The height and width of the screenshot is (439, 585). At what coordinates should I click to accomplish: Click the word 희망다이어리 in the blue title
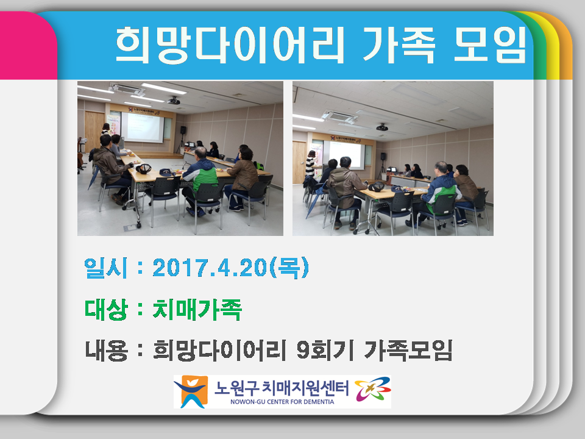coord(230,45)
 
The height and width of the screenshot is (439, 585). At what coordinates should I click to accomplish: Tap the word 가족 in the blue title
coord(399,45)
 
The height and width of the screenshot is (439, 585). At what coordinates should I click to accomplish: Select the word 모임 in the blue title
coord(490,45)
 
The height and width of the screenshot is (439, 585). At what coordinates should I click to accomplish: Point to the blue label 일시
coord(105,268)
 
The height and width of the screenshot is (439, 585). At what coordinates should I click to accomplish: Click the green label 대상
coord(106,309)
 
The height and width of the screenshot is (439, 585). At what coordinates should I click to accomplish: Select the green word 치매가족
coord(197,309)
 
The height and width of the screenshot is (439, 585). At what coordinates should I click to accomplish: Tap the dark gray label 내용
coord(106,350)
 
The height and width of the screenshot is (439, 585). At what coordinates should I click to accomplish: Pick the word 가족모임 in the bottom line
coord(408,350)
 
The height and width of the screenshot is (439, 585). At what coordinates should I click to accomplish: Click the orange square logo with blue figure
coord(191,391)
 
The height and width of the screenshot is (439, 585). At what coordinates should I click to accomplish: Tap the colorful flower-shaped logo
coord(373,389)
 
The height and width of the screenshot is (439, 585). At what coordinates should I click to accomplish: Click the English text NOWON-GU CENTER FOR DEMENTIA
coord(282,402)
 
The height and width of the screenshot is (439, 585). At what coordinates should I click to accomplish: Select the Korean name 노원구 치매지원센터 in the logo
coord(282,388)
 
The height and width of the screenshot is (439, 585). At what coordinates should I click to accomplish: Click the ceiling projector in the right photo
coord(382,127)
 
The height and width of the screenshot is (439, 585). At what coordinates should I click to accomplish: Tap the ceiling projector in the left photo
coord(174,101)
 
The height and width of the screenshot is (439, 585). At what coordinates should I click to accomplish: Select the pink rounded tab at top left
coord(29,45)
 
